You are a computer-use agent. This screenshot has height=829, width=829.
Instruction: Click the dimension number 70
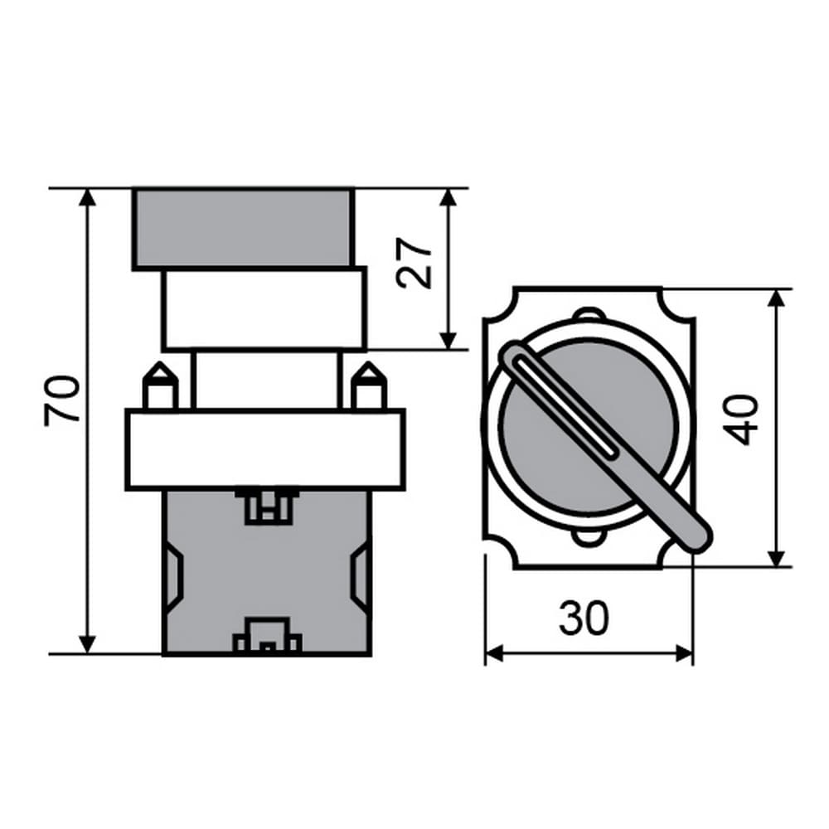62,400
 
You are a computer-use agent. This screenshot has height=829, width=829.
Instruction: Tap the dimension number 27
414,263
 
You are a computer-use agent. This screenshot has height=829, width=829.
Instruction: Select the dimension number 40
740,420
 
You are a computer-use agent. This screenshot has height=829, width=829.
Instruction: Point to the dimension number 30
584,618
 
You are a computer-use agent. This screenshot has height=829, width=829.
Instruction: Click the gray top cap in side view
243,229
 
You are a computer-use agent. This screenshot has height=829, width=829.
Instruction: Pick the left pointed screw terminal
160,386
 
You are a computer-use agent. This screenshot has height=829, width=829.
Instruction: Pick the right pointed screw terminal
370,386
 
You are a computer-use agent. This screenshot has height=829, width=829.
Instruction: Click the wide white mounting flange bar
265,449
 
